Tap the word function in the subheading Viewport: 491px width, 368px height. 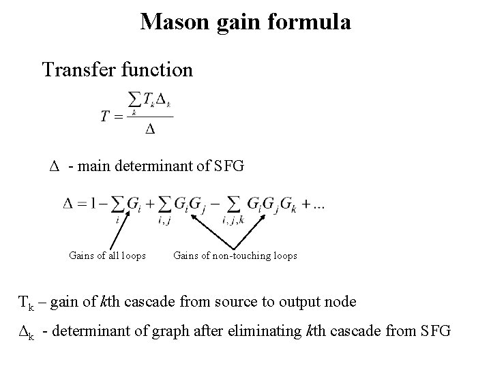click(x=158, y=69)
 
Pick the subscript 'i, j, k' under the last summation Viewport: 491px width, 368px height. click(x=233, y=219)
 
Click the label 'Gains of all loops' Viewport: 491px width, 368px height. click(x=107, y=256)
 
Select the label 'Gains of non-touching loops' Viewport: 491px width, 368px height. click(x=235, y=256)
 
